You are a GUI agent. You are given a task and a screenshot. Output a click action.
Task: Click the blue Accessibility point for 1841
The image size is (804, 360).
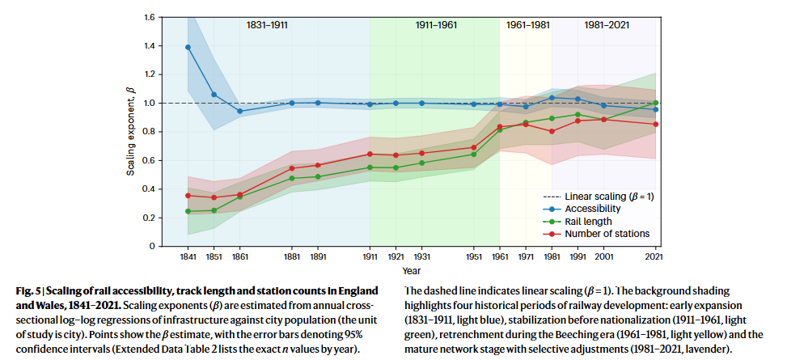(188, 47)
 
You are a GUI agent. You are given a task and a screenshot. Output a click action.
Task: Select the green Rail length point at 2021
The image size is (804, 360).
(655, 103)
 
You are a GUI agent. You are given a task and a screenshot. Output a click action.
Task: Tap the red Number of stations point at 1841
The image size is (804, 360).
(188, 195)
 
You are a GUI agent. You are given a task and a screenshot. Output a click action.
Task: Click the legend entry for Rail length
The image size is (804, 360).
(588, 222)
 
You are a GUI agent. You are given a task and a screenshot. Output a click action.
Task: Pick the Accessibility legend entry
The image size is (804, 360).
(592, 209)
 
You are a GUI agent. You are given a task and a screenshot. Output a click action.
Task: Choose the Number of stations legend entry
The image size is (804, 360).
(607, 234)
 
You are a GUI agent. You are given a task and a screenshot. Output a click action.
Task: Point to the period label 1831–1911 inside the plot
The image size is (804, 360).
(267, 25)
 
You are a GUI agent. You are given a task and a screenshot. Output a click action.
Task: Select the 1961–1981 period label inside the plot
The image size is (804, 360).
(526, 25)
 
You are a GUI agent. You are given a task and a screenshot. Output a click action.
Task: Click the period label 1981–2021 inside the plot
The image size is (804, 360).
(603, 25)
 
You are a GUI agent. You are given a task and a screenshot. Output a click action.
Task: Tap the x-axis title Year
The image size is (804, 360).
(412, 270)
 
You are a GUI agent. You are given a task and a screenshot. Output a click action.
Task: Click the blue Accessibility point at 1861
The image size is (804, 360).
(239, 111)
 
